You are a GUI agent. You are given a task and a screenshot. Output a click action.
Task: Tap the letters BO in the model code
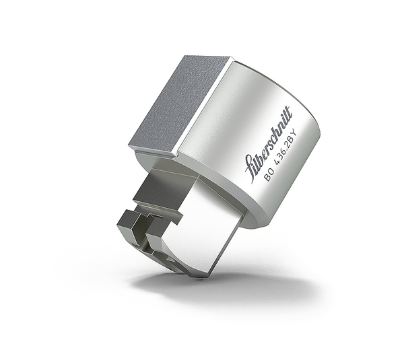269,177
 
